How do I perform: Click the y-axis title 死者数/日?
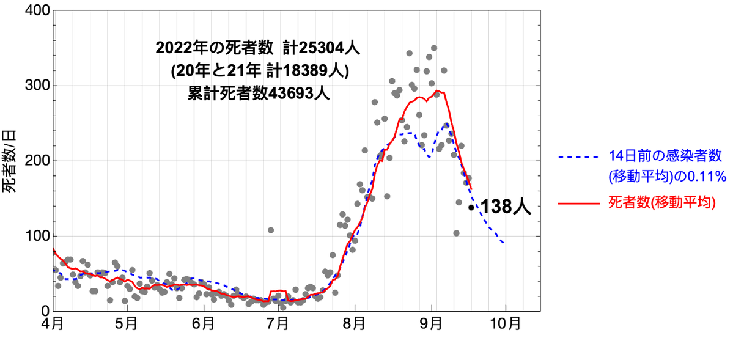pyautogui.click(x=12, y=161)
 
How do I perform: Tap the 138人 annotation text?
pyautogui.click(x=506, y=207)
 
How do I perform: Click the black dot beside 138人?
pyautogui.click(x=471, y=208)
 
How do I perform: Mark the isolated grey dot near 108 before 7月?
pyautogui.click(x=270, y=230)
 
